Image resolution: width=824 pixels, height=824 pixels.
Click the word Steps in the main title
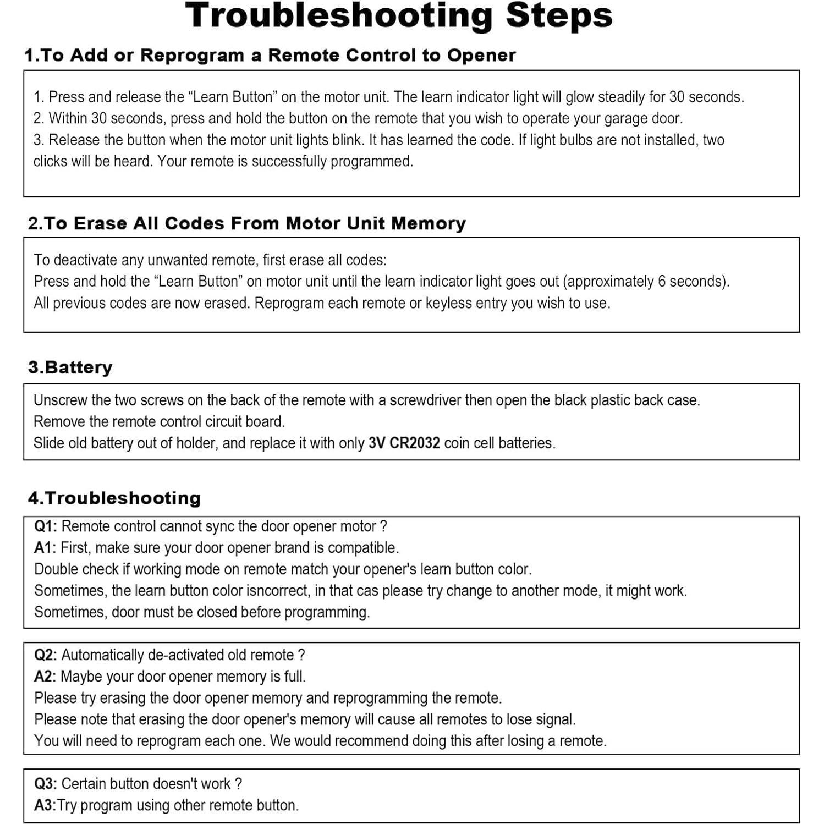[x=559, y=15]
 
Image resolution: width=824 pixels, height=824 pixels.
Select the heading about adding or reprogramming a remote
[x=270, y=55]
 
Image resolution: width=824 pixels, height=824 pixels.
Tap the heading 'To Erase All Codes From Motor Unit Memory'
[x=247, y=223]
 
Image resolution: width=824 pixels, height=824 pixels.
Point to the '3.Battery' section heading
[x=70, y=367]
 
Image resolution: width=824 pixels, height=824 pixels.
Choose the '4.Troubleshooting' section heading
[x=114, y=498]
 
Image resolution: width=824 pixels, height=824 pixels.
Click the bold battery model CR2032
[x=414, y=443]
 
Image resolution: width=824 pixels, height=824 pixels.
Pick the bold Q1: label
[x=46, y=526]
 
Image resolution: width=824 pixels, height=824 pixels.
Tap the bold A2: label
[x=45, y=677]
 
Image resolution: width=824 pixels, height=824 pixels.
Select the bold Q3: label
[x=46, y=784]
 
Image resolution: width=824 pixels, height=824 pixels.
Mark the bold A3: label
[x=45, y=805]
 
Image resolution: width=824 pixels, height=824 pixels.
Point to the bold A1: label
[x=45, y=548]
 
